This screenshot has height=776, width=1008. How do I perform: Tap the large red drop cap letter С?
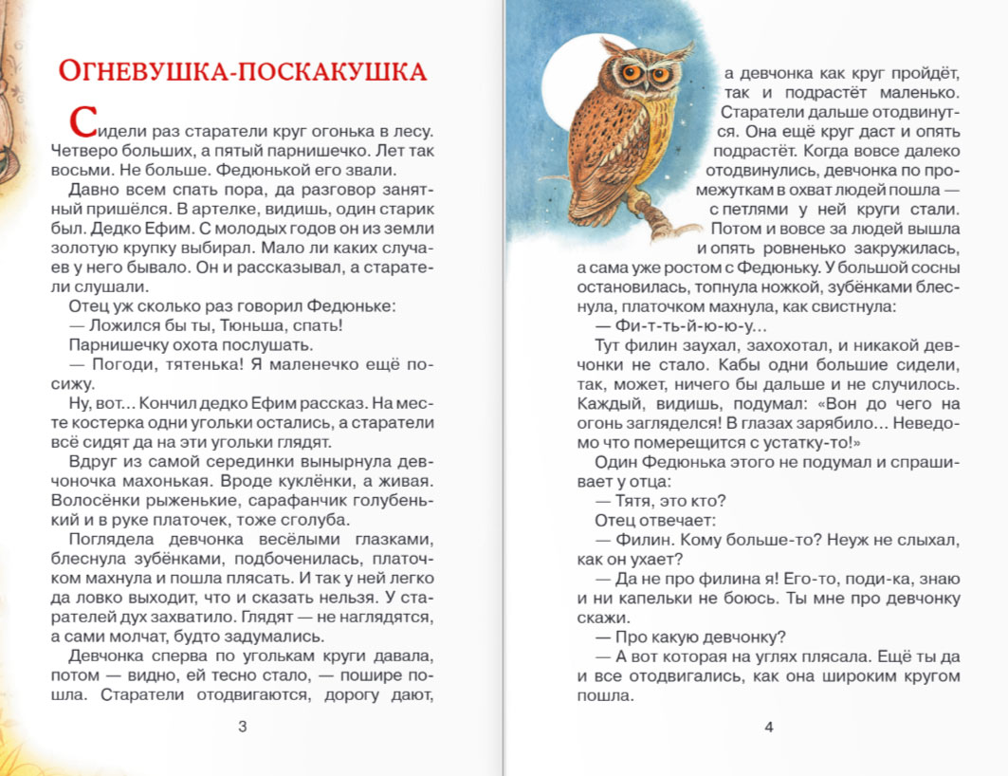point(83,122)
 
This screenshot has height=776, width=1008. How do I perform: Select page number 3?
point(242,728)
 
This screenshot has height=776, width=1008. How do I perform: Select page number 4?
point(768,728)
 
